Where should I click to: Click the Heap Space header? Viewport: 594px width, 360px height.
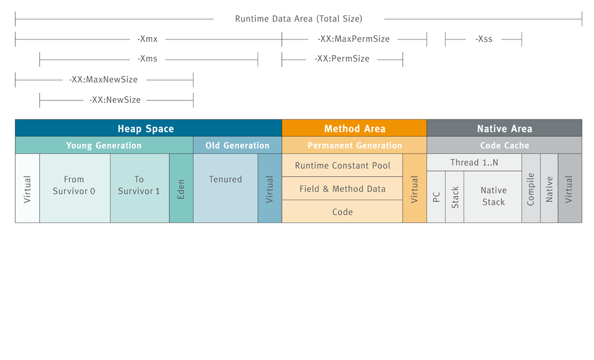[x=146, y=129]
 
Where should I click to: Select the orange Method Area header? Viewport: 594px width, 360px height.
[x=354, y=129]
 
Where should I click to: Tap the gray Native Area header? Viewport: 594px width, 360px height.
[x=504, y=129]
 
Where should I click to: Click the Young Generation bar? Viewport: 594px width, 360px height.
[x=104, y=146]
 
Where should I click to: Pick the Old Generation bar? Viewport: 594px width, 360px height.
[x=237, y=146]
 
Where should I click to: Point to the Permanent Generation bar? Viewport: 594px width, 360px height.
[x=354, y=146]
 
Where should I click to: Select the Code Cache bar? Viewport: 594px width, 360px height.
[x=504, y=146]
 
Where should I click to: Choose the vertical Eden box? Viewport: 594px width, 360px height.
[x=181, y=188]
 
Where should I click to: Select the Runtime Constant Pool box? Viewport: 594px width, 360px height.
[x=342, y=165]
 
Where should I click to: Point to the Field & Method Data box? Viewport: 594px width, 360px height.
[x=342, y=188]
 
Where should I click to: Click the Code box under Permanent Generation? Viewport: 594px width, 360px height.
[x=342, y=212]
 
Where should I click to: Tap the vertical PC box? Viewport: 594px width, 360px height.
[x=436, y=197]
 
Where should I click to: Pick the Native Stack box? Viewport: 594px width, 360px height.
[x=493, y=197]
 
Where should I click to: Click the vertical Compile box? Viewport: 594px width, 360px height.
[x=531, y=188]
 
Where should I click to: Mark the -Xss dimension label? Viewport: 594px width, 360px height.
[x=484, y=39]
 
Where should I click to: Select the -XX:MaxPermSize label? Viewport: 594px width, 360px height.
[x=354, y=39]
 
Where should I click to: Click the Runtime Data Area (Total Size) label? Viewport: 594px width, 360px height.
[x=298, y=19]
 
